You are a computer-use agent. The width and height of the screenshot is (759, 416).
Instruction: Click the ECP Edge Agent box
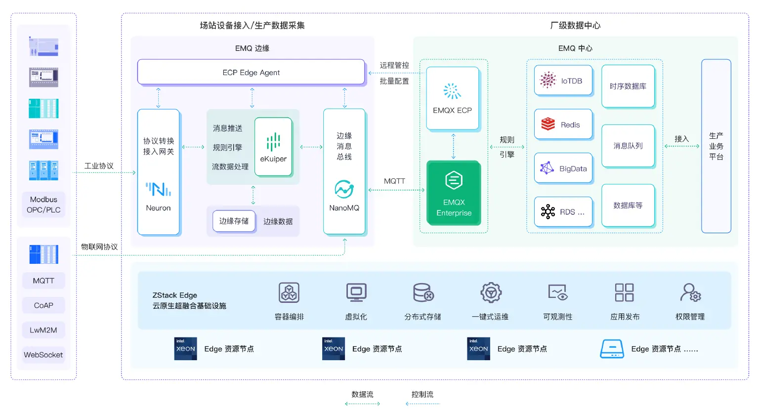251,72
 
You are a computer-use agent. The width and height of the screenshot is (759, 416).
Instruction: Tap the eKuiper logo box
273,147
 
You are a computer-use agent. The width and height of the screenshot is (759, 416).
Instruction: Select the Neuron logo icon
158,189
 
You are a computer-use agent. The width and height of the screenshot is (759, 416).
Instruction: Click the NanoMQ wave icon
344,189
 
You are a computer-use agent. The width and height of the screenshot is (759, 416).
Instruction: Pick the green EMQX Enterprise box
454,192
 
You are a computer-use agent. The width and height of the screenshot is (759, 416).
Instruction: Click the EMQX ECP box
452,98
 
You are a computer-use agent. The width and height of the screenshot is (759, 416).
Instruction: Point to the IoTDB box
563,81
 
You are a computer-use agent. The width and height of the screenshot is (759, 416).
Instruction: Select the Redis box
563,125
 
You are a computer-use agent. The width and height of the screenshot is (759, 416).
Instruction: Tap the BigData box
563,168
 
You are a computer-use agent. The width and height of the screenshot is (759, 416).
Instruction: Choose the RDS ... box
563,212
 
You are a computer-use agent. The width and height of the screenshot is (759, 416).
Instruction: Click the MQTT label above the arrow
394,181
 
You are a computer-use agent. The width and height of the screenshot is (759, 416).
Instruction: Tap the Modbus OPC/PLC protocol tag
43,205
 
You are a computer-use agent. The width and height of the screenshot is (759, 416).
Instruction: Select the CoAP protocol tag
43,305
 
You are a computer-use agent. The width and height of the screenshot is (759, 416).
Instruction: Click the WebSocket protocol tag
43,355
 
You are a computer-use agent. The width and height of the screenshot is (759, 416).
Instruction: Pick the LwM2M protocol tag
43,330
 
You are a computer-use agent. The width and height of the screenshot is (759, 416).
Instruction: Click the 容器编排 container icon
289,292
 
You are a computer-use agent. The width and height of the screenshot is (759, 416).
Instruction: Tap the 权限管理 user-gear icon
690,292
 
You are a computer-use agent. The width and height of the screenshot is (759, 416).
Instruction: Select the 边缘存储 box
234,221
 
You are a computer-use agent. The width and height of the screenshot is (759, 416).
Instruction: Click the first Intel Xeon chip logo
186,349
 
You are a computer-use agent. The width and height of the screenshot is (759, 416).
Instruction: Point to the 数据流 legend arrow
362,404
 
